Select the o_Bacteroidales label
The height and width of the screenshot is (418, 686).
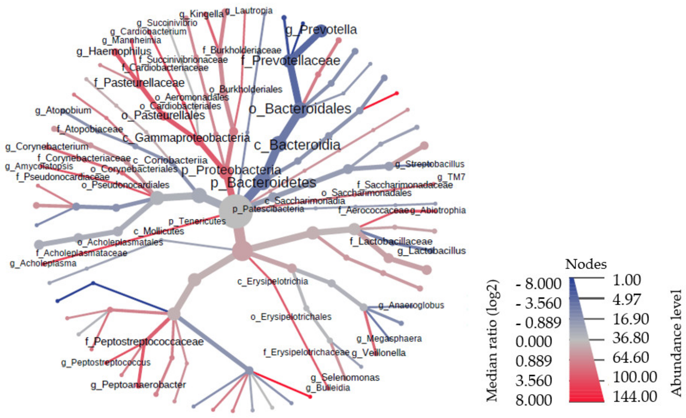click(300, 109)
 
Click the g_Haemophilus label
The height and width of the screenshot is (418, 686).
click(114, 51)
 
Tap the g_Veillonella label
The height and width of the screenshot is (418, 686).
click(379, 353)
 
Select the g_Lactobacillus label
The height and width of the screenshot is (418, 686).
click(431, 251)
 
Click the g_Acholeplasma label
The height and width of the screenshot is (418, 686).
click(43, 263)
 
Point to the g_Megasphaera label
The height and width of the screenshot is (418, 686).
click(389, 339)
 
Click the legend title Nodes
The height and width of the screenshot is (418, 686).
click(586, 264)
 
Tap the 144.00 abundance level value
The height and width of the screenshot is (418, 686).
click(635, 396)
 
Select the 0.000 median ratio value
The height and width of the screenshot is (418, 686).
click(533, 341)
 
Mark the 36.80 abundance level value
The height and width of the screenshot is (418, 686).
click(631, 338)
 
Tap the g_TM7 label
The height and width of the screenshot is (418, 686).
click(451, 177)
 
